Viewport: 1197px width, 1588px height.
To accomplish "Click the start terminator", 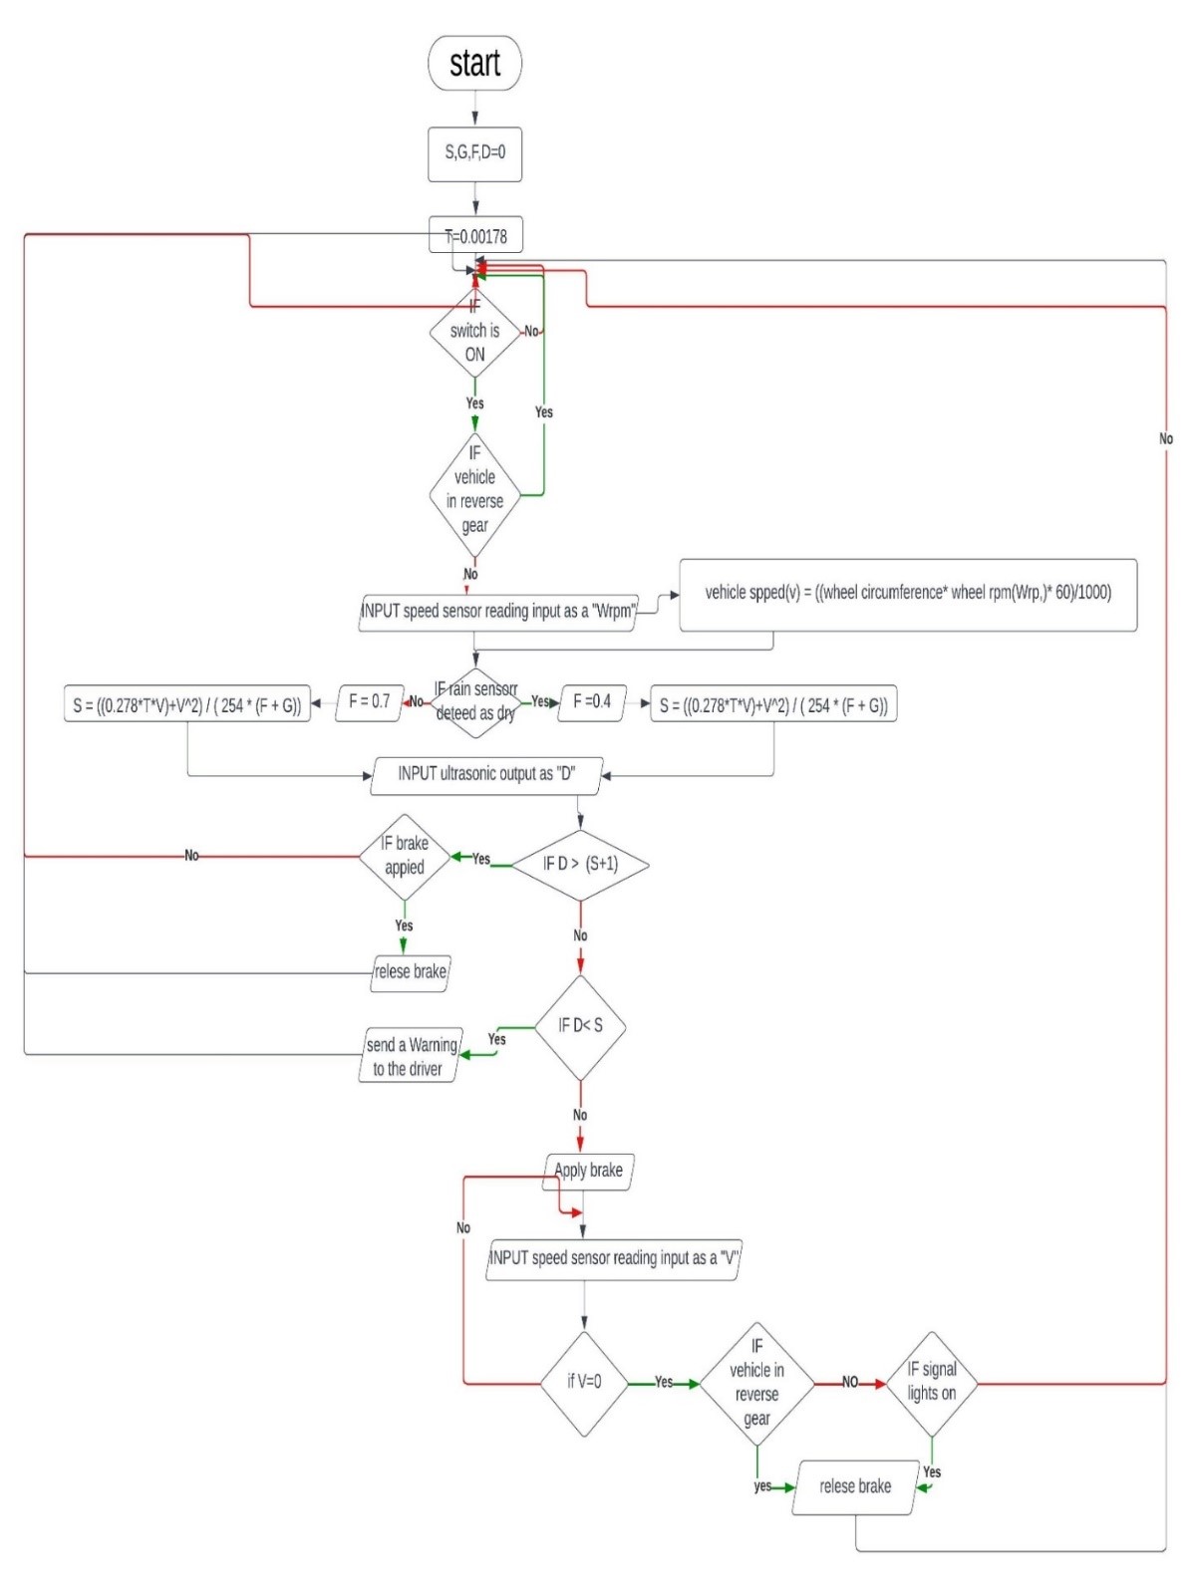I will pos(474,64).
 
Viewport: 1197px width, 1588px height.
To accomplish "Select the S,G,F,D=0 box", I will pos(474,153).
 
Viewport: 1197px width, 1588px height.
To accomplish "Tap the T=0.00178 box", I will pos(475,236).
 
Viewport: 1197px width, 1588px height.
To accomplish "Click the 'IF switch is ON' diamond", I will pos(474,332).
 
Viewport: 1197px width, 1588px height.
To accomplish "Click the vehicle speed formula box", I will pos(907,595).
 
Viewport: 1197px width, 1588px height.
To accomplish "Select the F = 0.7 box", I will pos(369,702).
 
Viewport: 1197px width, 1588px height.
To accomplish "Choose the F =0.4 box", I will pos(592,702).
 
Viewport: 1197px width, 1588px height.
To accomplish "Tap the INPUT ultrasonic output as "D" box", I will pos(486,774).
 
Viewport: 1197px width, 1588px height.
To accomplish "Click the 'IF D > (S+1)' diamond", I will pos(580,865).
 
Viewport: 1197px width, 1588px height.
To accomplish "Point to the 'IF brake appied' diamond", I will pos(404,857).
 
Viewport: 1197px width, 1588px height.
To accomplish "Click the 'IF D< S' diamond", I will pos(580,1027).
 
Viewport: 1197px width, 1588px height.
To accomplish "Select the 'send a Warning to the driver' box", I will pos(411,1057).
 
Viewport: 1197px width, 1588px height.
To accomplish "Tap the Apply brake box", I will pos(588,1171).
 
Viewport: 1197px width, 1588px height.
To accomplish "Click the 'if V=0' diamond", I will pos(584,1383).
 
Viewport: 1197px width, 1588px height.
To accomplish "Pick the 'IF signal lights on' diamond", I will pos(931,1383).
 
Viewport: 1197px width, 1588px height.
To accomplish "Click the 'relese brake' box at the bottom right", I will pos(854,1487).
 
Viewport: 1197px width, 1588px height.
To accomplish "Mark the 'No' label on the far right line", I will pos(1165,439).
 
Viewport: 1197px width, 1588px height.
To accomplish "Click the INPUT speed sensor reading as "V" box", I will pos(613,1259).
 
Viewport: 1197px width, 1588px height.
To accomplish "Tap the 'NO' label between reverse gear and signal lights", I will pos(850,1383).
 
